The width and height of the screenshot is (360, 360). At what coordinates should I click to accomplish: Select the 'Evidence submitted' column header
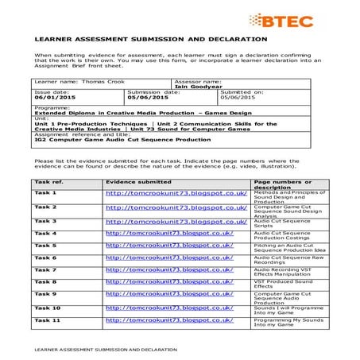point(137,182)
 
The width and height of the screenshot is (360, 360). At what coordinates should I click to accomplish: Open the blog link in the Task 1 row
point(176,193)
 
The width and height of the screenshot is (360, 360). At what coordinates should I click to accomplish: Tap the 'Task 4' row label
point(45,233)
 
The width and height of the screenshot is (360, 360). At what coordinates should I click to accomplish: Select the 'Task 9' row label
point(45,294)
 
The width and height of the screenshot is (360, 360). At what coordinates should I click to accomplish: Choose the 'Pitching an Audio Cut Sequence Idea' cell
point(287,248)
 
